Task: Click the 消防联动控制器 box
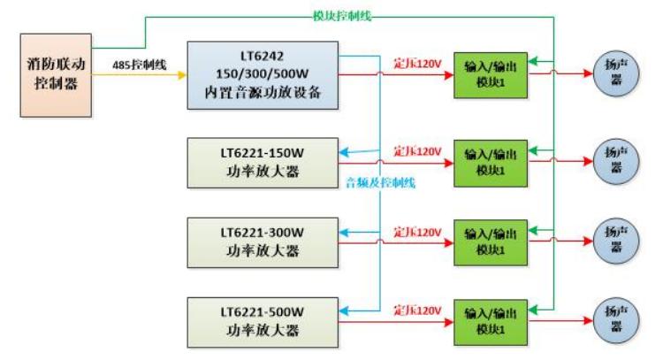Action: click(x=56, y=75)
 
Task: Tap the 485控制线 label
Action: click(x=139, y=65)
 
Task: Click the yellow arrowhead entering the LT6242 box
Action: click(x=182, y=75)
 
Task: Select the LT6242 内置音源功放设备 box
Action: click(x=263, y=75)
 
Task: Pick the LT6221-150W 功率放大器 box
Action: click(x=263, y=163)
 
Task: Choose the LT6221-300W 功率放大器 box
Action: click(x=263, y=243)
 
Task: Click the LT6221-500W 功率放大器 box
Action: click(x=263, y=323)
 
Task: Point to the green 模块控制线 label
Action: click(x=341, y=16)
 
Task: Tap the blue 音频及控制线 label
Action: click(x=380, y=183)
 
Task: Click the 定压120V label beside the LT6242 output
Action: click(x=417, y=64)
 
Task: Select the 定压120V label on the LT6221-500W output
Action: click(x=417, y=310)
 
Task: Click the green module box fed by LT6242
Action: click(x=491, y=75)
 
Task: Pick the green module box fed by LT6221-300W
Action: click(x=491, y=243)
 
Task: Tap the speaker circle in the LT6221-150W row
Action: click(x=616, y=161)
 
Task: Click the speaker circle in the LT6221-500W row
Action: click(x=616, y=321)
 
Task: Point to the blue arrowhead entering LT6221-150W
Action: click(x=344, y=152)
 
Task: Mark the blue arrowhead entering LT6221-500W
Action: click(x=344, y=311)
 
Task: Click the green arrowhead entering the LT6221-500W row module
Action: click(x=533, y=310)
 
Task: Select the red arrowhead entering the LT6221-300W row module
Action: click(x=448, y=243)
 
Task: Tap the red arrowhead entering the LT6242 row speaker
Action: click(x=588, y=73)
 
